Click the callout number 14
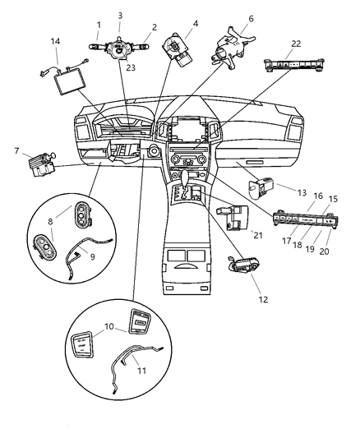(55, 40)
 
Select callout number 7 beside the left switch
(16, 150)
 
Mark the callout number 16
(317, 197)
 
